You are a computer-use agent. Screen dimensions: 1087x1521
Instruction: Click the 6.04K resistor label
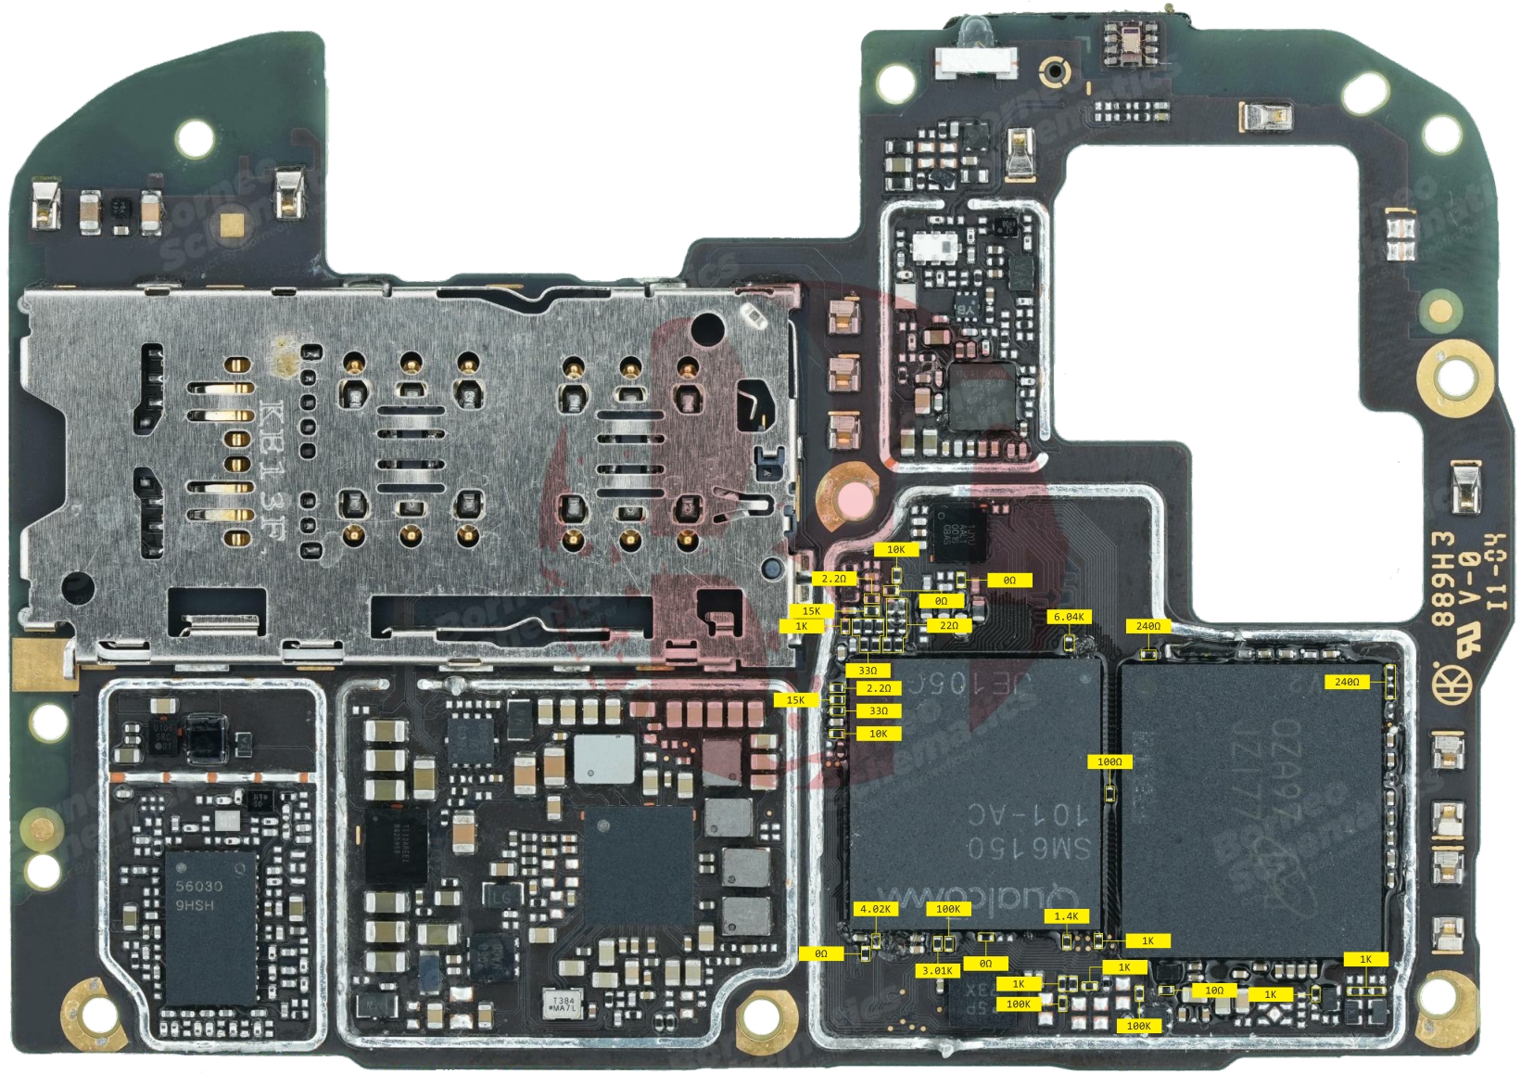click(x=1069, y=617)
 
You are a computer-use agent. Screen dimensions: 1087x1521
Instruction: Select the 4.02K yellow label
click(x=875, y=909)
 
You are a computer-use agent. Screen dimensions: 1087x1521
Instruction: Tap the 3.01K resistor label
click(x=937, y=970)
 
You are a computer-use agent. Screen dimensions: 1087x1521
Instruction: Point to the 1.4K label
click(x=1066, y=915)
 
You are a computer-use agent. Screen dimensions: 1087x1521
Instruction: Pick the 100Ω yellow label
click(x=1109, y=761)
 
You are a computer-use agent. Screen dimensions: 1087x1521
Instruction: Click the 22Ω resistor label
click(x=949, y=625)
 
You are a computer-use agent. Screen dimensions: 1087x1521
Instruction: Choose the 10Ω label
click(x=1214, y=991)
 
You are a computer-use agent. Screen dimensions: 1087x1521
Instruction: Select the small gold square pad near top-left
click(x=234, y=224)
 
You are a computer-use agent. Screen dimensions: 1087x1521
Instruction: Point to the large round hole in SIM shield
click(x=707, y=327)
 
